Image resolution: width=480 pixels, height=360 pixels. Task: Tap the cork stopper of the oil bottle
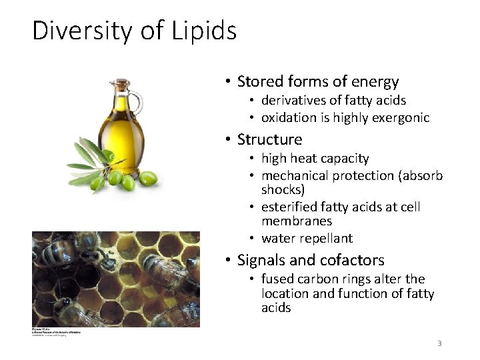pos(122,85)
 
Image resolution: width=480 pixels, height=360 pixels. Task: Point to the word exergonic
pos(403,118)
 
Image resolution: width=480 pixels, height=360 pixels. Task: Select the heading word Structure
pos(269,139)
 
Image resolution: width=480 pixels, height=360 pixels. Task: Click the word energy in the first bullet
pos(376,82)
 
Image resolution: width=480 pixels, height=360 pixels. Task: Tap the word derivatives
pos(291,101)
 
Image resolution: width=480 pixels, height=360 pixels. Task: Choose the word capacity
pos(345,159)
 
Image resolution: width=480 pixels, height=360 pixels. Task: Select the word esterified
pos(289,207)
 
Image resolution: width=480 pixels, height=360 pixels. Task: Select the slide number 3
pos(439,343)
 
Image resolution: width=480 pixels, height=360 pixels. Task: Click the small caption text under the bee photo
pos(56,331)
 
